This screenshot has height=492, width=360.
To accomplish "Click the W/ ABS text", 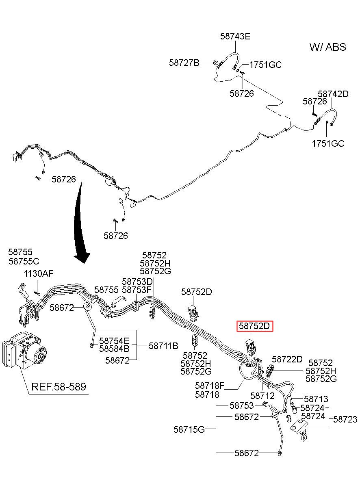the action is click(327, 47).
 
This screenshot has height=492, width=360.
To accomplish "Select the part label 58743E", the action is click(235, 36).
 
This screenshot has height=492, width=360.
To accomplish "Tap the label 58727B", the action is click(184, 63).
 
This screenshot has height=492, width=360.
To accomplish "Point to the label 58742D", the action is click(333, 94).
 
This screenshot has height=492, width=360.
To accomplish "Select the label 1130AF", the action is click(39, 274).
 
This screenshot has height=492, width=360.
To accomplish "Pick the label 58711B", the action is click(163, 346).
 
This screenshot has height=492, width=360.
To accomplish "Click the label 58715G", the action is click(189, 429).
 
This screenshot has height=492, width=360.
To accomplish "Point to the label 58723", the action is click(345, 419).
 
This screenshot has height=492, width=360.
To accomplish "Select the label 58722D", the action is click(287, 359).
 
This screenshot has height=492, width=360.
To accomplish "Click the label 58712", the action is click(262, 396).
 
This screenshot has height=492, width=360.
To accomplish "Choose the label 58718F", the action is click(210, 386).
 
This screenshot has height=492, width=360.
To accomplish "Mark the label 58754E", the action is click(114, 341).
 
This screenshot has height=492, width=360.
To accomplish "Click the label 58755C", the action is click(24, 261).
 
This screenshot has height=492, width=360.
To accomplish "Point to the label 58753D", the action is click(137, 282).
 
